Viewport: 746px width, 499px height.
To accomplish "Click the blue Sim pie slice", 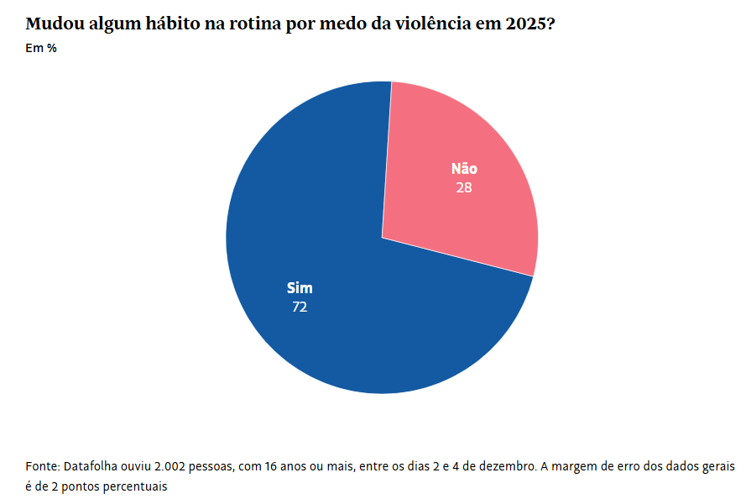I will pos(336,336).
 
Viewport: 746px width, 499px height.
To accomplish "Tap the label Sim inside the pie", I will pos(300,288).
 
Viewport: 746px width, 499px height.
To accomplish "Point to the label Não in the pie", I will pos(464,169).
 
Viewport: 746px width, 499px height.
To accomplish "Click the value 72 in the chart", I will pos(300,307).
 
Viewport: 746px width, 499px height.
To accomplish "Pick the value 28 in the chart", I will pos(464,188).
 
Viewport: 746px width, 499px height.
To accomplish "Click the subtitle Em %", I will pos(41,49).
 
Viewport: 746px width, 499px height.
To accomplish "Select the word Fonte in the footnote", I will pos(42,465).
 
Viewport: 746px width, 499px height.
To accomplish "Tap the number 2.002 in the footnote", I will pos(176,465).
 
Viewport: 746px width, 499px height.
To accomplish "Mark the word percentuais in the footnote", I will pos(137,486).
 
